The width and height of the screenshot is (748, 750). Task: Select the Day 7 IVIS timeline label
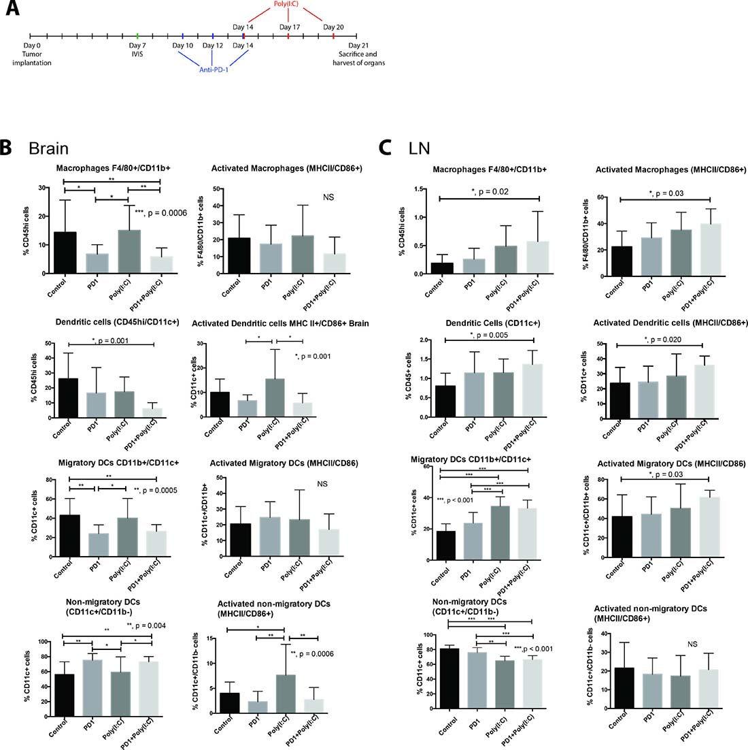click(137, 50)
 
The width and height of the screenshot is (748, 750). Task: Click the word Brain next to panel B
click(48, 148)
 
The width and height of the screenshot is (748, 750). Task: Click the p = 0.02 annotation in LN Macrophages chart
click(492, 193)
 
